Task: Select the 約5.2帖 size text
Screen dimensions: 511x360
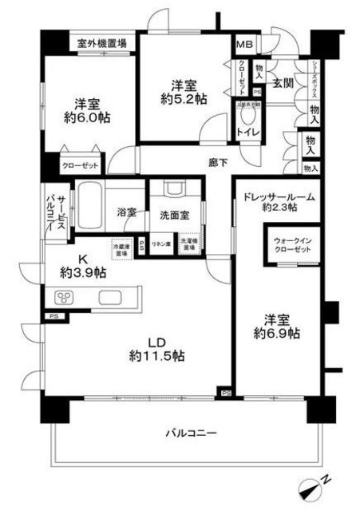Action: point(183,100)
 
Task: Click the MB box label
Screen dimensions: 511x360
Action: point(243,44)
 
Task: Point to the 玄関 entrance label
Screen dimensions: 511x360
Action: point(281,81)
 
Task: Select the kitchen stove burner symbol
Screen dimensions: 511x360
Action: point(63,299)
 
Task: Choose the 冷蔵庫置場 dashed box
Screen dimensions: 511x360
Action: point(122,248)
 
